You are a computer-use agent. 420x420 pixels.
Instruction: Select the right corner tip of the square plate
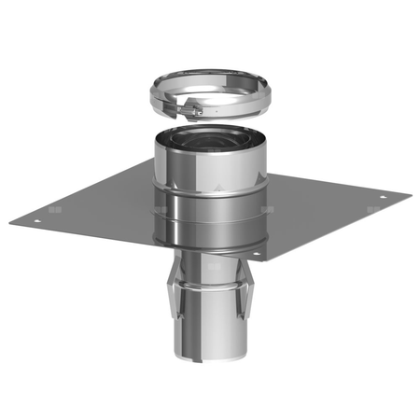tap(410, 195)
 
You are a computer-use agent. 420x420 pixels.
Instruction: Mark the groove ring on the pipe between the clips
tap(207, 280)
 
